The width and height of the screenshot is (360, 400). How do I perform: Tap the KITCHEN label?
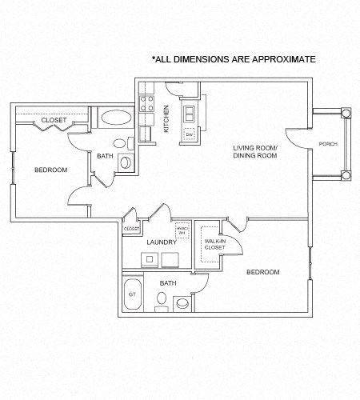coord(166,118)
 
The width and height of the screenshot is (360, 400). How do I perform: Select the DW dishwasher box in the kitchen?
coord(190,134)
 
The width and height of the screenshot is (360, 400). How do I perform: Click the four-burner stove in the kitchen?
coord(147,102)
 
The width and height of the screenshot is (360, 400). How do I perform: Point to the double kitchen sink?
coord(190,112)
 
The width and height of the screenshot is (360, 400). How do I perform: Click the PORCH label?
coord(327,144)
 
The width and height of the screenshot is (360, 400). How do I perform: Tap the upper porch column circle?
coord(346,113)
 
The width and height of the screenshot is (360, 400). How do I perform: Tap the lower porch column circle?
coord(346,176)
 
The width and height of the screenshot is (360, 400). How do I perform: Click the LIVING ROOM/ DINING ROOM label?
coord(255,152)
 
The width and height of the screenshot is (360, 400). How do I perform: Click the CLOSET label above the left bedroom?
coord(54,121)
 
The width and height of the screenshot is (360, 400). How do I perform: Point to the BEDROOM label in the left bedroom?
coord(50,170)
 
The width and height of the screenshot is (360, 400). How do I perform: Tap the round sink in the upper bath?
coord(119,143)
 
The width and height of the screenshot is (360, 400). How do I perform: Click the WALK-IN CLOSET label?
coord(214,244)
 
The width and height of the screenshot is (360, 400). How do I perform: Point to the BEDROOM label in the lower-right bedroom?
coord(262,272)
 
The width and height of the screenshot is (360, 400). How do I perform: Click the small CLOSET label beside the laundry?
coord(132,229)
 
